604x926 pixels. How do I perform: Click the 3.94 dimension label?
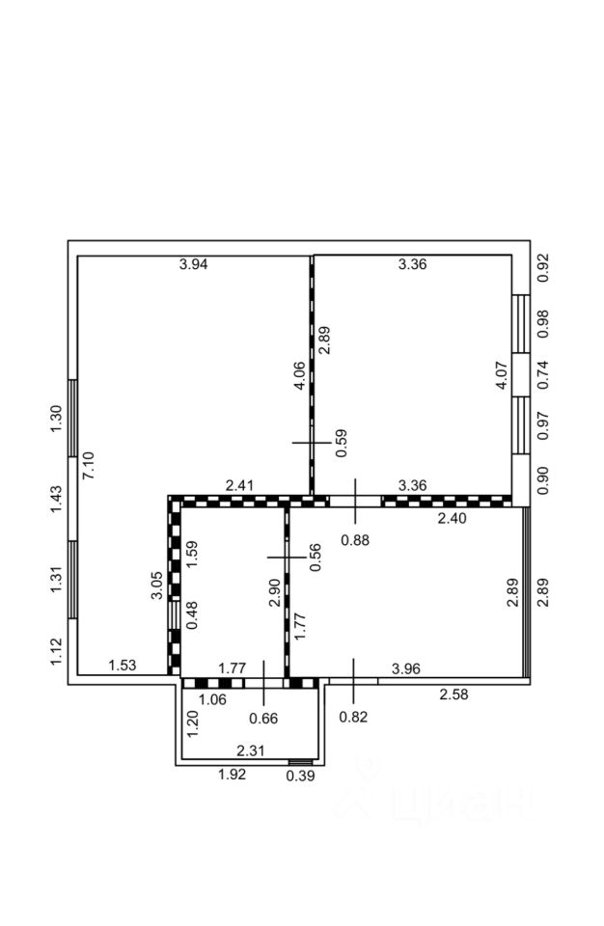click(x=193, y=263)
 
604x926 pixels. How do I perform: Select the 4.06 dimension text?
click(x=300, y=375)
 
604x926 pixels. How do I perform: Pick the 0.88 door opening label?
click(x=355, y=541)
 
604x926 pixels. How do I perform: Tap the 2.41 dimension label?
click(x=239, y=485)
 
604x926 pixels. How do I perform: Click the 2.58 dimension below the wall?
click(x=454, y=694)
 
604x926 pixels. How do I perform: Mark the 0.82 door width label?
click(x=354, y=716)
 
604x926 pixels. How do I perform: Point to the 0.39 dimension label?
click(x=300, y=775)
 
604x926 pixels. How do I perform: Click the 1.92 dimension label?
click(x=233, y=775)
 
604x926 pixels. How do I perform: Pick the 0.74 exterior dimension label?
click(x=542, y=373)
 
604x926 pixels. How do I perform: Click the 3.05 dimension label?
click(x=157, y=586)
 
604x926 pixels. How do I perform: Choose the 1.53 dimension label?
click(x=123, y=665)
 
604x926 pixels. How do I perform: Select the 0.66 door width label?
click(x=262, y=717)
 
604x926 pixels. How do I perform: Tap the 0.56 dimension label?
click(x=315, y=558)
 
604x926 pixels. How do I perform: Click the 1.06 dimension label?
click(x=212, y=699)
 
